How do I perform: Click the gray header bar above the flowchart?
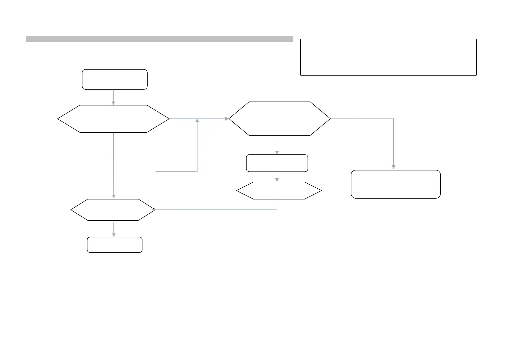coord(160,39)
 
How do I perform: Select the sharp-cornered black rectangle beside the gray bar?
coord(388,57)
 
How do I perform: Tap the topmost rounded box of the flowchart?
coord(115,79)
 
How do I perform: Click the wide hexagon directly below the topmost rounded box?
coord(113,119)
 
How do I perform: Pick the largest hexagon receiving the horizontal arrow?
coord(279,118)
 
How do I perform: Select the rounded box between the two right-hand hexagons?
coord(277,163)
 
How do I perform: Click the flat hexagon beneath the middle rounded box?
coord(279,191)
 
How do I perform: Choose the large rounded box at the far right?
coord(396,184)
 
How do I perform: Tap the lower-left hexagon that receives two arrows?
coord(113,210)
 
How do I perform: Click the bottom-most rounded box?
coord(115,245)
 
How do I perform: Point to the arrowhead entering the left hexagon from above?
coord(114,103)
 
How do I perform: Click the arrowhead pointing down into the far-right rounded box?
coord(393,167)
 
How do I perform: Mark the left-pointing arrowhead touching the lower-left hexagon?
coord(154,210)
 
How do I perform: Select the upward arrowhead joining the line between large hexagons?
coord(197,121)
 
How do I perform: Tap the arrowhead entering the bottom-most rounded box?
coord(114,235)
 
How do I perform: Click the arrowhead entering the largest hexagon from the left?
coord(227,119)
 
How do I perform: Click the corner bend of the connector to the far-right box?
coord(393,118)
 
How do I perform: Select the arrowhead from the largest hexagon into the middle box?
coord(277,152)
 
